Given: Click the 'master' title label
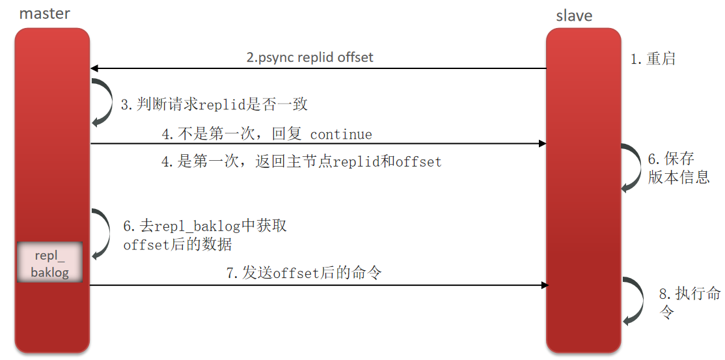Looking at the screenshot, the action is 45,13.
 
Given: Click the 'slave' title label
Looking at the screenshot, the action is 574,16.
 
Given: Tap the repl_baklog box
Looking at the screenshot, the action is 50,262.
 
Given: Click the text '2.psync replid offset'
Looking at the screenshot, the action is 310,57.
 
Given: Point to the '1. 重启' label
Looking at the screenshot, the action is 653,59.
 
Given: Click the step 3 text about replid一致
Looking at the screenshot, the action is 214,104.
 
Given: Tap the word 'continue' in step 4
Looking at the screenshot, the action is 341,135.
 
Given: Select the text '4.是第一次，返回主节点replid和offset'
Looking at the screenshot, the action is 301,161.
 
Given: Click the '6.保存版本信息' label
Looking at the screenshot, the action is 677,168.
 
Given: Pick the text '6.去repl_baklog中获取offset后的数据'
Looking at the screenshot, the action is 205,236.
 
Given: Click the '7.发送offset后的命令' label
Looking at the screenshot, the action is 304,273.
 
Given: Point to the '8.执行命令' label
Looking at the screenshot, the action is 689,302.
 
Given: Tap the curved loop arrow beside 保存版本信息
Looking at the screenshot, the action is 631,167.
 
